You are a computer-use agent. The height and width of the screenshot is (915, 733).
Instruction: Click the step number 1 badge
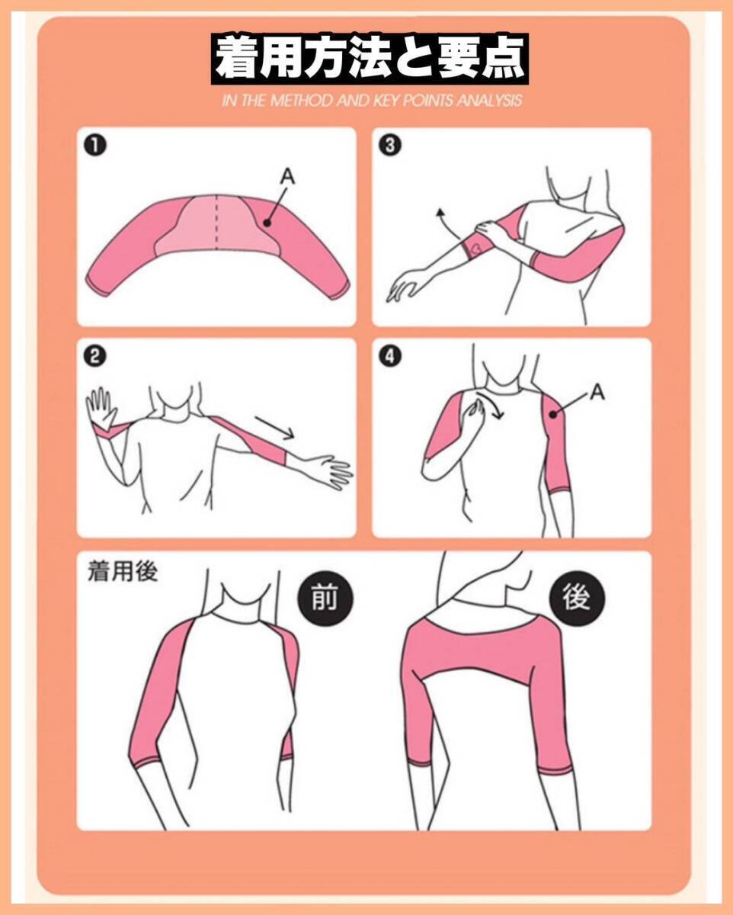[x=95, y=146]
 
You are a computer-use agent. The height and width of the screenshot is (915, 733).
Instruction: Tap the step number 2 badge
[x=94, y=356]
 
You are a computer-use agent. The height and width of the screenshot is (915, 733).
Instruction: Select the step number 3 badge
[x=389, y=146]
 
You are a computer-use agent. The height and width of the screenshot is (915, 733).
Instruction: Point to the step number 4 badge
[x=389, y=356]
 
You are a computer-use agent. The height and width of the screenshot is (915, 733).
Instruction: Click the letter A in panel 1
[x=288, y=176]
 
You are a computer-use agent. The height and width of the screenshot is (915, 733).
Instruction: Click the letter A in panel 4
[x=597, y=392]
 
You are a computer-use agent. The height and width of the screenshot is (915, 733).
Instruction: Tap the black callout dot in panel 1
[x=267, y=222]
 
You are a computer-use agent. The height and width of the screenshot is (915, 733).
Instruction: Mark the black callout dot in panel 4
[x=553, y=414]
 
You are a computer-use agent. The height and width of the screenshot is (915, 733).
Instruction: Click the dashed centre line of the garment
[x=216, y=223]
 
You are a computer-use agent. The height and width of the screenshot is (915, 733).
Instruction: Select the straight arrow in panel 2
[x=275, y=427]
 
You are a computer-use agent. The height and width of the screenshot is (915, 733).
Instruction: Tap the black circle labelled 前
[x=325, y=597]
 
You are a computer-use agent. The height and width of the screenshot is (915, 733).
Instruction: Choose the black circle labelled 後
[x=577, y=597]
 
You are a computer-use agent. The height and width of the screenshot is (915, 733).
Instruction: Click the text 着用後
[x=123, y=571]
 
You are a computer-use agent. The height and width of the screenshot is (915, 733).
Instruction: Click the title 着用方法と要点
[x=370, y=58]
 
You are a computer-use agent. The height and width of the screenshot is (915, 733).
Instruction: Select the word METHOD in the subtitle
[x=301, y=101]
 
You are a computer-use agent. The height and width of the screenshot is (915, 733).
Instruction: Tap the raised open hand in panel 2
[x=101, y=408]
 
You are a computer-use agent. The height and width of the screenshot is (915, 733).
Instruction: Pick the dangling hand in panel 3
[x=404, y=285]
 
